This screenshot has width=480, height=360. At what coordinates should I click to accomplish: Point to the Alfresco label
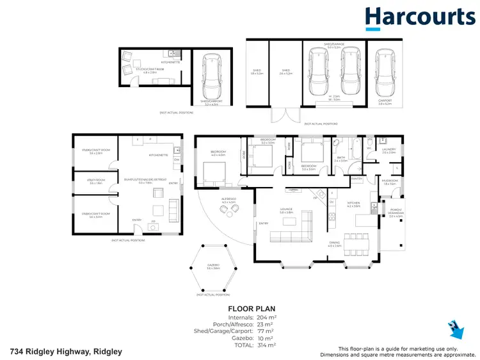coord(228,200)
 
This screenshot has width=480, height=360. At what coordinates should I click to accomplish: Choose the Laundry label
coord(389,150)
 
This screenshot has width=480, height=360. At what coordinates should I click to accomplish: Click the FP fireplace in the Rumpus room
coord(153,224)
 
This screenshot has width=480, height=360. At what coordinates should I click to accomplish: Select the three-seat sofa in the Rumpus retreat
coord(171,208)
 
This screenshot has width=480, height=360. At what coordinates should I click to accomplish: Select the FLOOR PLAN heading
coord(252,309)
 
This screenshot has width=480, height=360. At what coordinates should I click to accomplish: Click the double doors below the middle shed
coord(285,116)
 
